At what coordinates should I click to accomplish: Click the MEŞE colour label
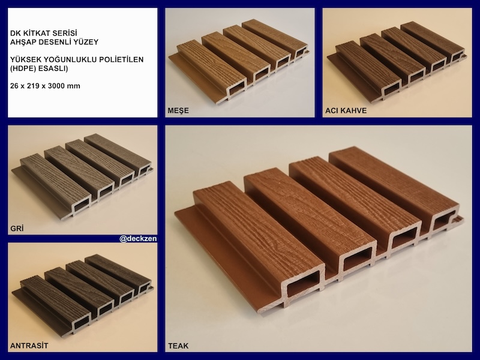click(178, 110)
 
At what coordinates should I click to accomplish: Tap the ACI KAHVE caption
click(346, 110)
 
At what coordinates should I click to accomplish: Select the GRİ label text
click(17, 228)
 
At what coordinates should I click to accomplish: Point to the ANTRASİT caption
click(29, 346)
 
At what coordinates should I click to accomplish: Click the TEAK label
click(178, 346)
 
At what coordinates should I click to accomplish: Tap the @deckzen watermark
click(138, 238)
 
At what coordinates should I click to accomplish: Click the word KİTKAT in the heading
click(35, 33)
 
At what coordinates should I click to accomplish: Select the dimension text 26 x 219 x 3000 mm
click(45, 86)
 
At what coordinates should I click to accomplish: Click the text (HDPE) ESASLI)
click(39, 68)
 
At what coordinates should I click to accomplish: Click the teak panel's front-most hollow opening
click(303, 284)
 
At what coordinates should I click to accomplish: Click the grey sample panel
click(82, 175)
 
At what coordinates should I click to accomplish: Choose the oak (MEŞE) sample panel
click(238, 61)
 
